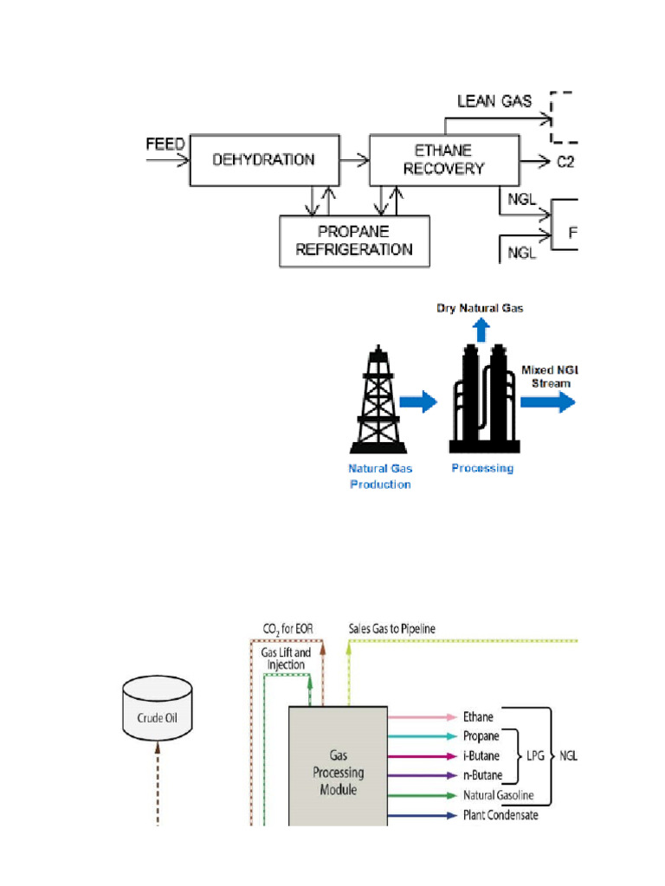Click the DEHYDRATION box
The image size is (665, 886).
click(x=264, y=160)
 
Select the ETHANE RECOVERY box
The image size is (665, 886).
click(x=443, y=160)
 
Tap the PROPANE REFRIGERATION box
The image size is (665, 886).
click(x=354, y=241)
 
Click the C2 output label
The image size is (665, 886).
click(x=565, y=162)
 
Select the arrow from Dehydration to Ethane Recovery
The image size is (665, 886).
click(x=353, y=160)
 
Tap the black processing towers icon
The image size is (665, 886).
click(x=483, y=400)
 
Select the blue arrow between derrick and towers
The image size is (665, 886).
click(x=418, y=401)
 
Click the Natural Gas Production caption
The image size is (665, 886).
click(x=380, y=476)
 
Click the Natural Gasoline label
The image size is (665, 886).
click(x=498, y=795)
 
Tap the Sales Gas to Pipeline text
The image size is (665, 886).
click(x=392, y=628)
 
